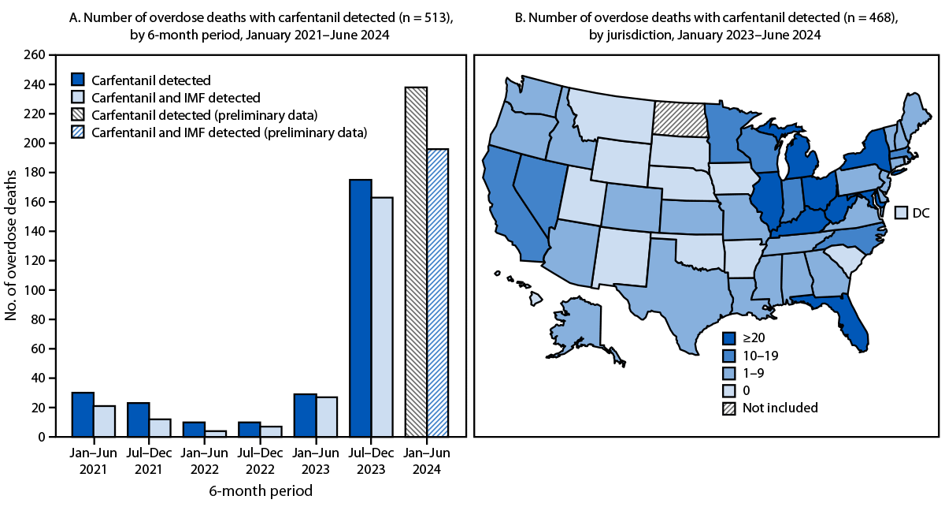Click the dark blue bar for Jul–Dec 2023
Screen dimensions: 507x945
[361, 308]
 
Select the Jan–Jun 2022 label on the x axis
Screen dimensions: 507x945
[204, 462]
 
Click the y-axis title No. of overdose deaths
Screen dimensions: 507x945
[13, 246]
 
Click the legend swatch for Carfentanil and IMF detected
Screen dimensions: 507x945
[78, 97]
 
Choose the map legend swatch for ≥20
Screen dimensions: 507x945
[730, 338]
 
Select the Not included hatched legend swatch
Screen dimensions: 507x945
[730, 408]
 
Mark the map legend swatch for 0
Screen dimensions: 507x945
[730, 390]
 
